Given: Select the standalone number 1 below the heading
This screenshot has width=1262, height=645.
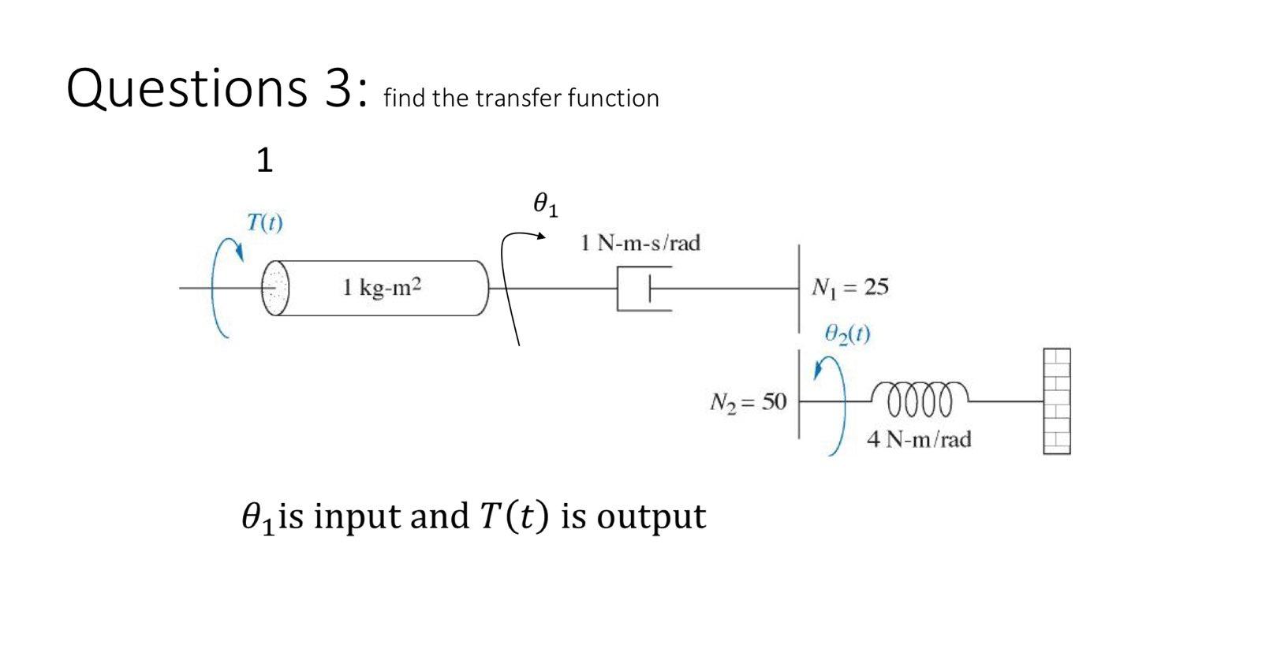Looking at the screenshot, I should pos(264,161).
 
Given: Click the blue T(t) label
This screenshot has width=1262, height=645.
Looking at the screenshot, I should pos(264,222).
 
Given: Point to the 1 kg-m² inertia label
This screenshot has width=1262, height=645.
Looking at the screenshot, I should pos(382,287).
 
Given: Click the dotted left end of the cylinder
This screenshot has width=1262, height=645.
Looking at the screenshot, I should pos(275,288).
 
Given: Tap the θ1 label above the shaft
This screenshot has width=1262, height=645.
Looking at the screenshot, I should pos(545,205).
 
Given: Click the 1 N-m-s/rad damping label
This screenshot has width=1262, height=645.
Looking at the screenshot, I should pos(640,243).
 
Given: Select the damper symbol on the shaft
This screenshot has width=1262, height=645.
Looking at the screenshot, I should pos(644,289).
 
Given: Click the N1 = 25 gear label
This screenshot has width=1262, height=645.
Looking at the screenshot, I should pos(849,287).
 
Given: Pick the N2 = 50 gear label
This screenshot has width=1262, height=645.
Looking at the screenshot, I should pos(748,402).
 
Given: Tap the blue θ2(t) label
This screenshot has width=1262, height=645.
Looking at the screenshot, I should pos(847,334).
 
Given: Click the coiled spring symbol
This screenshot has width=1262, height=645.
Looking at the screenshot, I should pos(920,399).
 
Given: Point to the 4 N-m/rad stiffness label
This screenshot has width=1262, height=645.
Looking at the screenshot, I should pos(919,439).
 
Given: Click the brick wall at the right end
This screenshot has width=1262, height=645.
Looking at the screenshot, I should pos(1057,401).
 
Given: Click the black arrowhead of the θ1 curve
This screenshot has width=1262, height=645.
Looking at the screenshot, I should pos(541,236).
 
